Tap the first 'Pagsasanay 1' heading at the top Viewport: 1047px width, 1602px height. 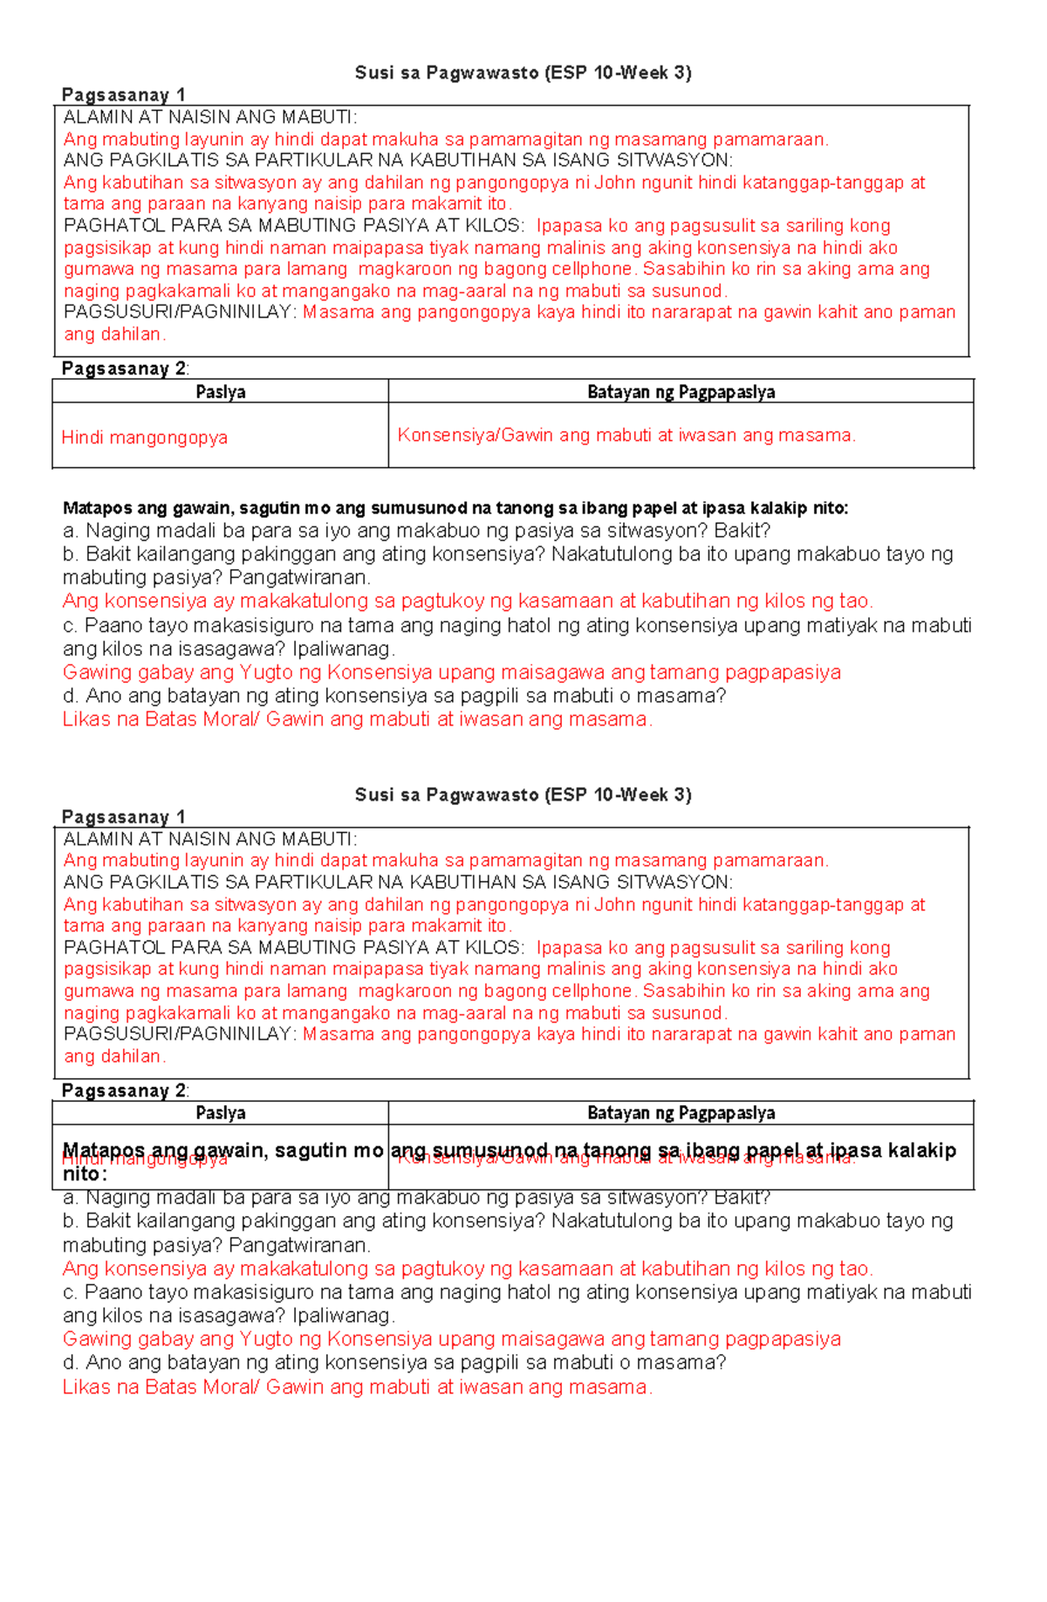click(x=123, y=94)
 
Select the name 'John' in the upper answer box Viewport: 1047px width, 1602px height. click(x=612, y=182)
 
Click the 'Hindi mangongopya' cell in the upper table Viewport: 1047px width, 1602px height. click(x=144, y=437)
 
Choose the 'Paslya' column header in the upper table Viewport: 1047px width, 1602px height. click(x=221, y=392)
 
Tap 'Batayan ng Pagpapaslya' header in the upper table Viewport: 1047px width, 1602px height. click(x=681, y=392)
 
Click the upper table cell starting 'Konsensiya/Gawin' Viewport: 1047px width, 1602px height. click(x=626, y=435)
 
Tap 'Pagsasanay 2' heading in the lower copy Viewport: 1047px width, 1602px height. click(x=123, y=1090)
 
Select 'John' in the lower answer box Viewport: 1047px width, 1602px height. click(x=612, y=904)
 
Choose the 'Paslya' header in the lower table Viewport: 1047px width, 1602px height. click(x=221, y=1113)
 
